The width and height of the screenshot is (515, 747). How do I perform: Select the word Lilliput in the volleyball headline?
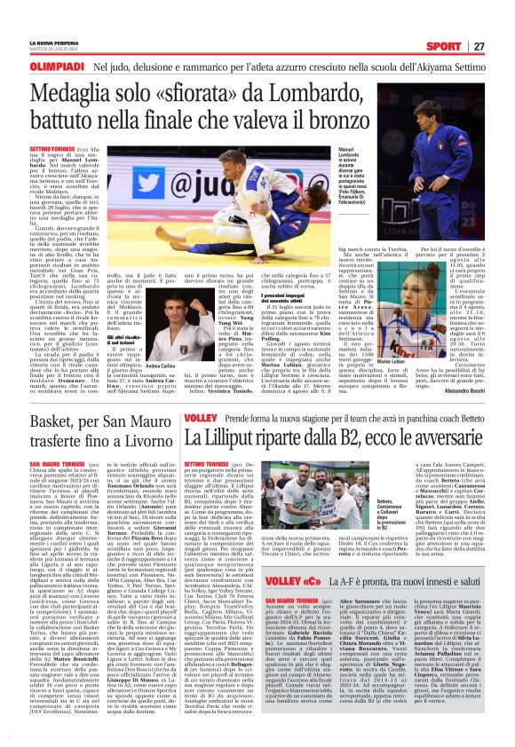tap(247, 437)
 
